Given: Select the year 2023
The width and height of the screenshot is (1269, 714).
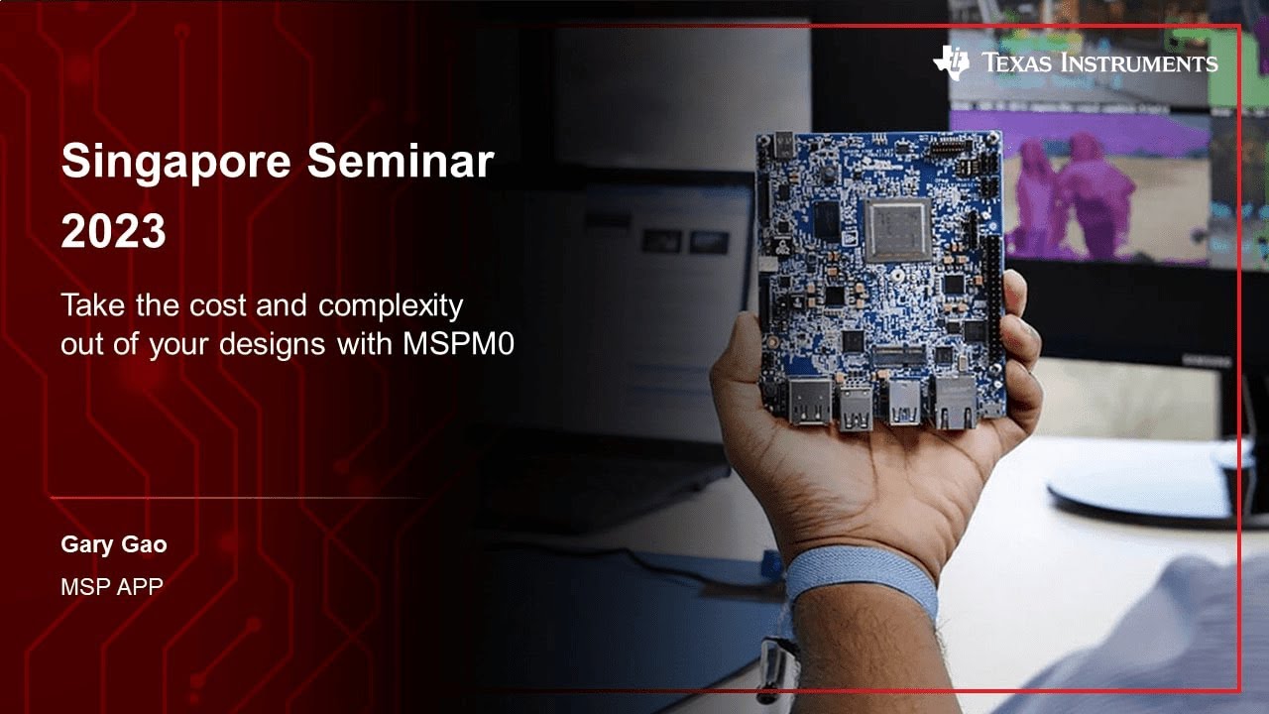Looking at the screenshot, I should pyautogui.click(x=113, y=231).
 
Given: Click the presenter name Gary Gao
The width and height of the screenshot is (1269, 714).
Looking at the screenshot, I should pyautogui.click(x=113, y=544).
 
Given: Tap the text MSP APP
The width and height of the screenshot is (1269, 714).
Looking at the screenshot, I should pyautogui.click(x=111, y=586).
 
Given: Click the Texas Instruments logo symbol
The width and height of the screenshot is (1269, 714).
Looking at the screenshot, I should pyautogui.click(x=952, y=62).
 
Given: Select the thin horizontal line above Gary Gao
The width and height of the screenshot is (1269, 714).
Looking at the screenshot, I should pyautogui.click(x=238, y=497).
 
